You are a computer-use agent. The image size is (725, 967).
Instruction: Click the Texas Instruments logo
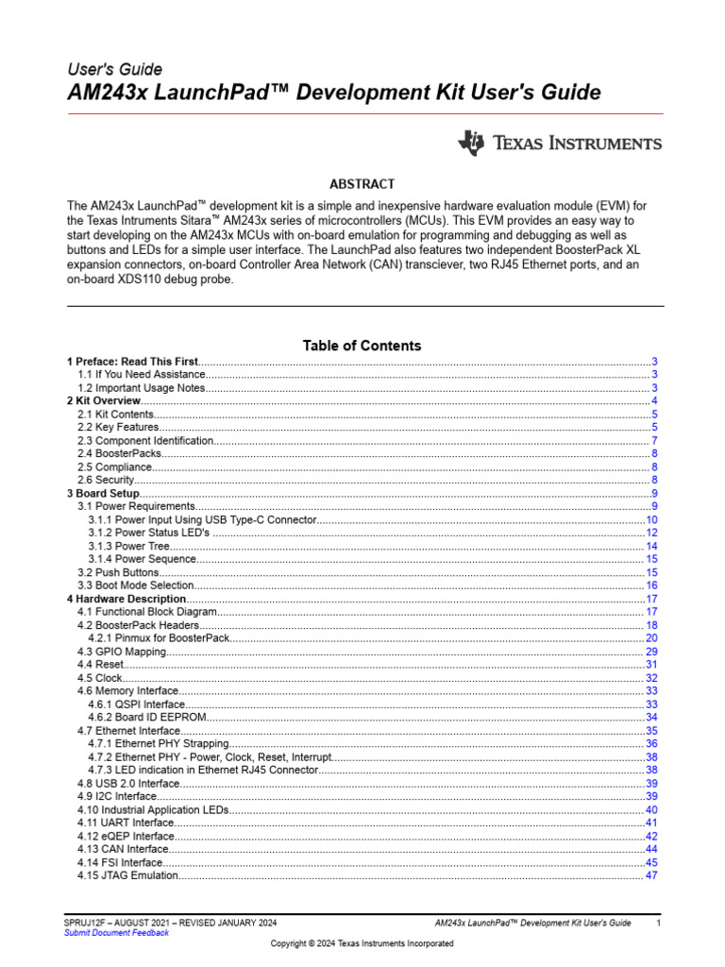click(x=559, y=144)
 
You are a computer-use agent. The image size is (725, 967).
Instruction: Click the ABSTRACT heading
click(x=362, y=184)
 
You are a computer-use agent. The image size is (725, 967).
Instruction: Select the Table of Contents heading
click(x=362, y=346)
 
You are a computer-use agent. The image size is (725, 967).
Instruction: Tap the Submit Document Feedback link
click(x=116, y=933)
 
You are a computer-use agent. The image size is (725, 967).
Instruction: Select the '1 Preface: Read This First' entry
click(x=132, y=362)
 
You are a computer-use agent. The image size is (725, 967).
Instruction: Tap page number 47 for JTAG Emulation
click(x=651, y=875)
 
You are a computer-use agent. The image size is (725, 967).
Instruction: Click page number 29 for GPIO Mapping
click(x=651, y=652)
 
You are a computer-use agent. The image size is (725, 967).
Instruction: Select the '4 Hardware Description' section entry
click(x=126, y=599)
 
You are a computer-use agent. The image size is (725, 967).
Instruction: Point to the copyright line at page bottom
click(x=362, y=943)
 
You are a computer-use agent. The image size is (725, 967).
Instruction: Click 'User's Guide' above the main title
click(x=114, y=69)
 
